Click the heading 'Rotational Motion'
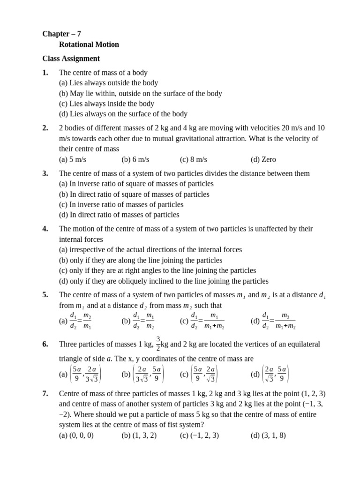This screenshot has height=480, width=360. pyautogui.click(x=89, y=45)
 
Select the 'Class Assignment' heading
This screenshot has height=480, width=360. pyautogui.click(x=71, y=59)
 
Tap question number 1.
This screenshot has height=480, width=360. pyautogui.click(x=45, y=73)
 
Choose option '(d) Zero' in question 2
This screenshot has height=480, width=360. pyautogui.click(x=263, y=159)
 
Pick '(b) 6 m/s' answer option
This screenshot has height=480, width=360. pyautogui.click(x=135, y=159)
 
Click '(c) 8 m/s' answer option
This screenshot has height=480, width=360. pyautogui.click(x=194, y=159)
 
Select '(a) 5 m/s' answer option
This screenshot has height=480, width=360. pyautogui.click(x=73, y=159)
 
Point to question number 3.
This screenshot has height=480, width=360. pyautogui.click(x=45, y=173)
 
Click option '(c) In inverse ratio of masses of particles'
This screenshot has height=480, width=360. pyautogui.click(x=121, y=204)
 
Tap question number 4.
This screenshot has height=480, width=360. pyautogui.click(x=45, y=229)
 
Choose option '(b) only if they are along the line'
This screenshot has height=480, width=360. pyautogui.click(x=141, y=260)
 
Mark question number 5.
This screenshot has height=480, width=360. pyautogui.click(x=45, y=295)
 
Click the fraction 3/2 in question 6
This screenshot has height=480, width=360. pyautogui.click(x=158, y=343)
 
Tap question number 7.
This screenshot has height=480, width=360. pyautogui.click(x=45, y=394)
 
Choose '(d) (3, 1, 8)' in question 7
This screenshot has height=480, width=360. pyautogui.click(x=269, y=435)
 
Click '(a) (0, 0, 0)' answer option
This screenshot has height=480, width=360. pyautogui.click(x=76, y=435)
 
